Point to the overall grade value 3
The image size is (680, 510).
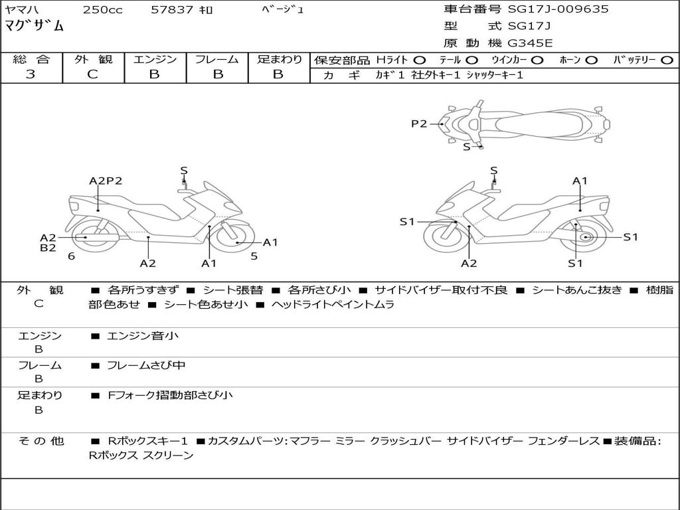(x=31, y=74)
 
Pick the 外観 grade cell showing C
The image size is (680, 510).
(x=92, y=74)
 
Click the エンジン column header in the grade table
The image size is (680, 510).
(x=155, y=59)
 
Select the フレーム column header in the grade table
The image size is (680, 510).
(x=216, y=59)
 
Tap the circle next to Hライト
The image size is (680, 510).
(x=420, y=60)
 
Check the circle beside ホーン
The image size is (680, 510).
(x=592, y=60)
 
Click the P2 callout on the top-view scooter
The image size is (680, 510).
(x=418, y=123)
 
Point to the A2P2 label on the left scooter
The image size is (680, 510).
(x=106, y=181)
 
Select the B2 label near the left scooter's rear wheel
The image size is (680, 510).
(x=48, y=248)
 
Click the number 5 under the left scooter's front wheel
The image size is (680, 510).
(x=254, y=256)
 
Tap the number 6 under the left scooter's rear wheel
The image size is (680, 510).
(x=71, y=256)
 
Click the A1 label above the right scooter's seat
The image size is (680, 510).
(x=580, y=181)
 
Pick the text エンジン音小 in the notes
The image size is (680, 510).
(x=143, y=336)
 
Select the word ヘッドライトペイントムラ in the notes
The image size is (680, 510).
(x=333, y=305)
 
